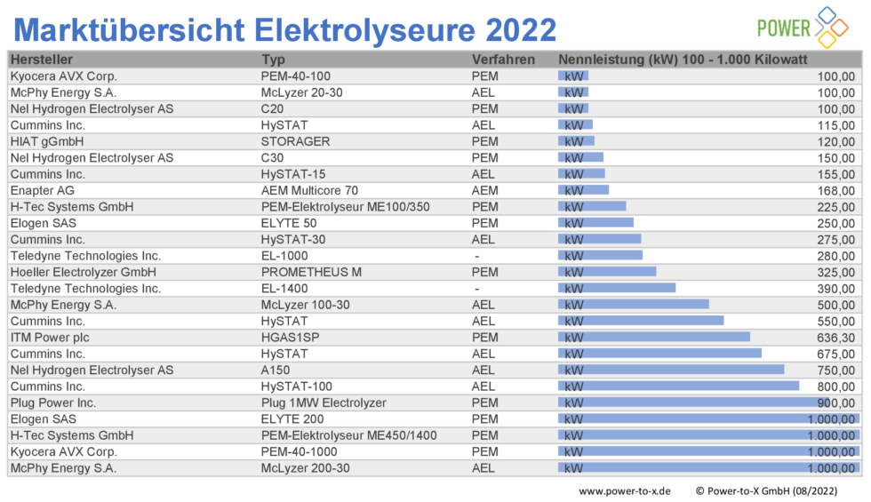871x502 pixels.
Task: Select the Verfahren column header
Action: tap(503, 60)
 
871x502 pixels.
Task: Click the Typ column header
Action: tap(273, 60)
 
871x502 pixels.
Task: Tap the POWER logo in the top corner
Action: tap(796, 27)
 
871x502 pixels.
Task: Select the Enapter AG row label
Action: tap(42, 190)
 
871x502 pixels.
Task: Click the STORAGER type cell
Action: tap(295, 141)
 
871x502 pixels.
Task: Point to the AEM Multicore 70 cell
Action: tap(309, 190)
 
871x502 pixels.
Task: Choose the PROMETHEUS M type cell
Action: tap(311, 272)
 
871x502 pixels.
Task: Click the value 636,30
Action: tap(835, 338)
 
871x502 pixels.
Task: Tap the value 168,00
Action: tap(835, 190)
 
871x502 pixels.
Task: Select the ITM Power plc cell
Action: tap(50, 338)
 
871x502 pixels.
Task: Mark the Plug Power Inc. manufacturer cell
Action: tap(52, 402)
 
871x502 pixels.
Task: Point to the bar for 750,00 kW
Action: tap(671, 370)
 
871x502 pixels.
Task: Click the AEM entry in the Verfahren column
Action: tap(484, 190)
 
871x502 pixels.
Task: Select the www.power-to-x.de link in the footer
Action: tap(624, 490)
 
